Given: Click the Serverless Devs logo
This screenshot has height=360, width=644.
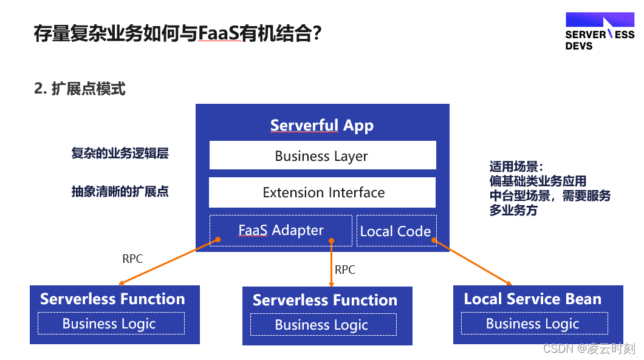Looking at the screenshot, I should (x=599, y=32).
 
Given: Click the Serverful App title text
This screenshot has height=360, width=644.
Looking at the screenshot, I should (x=322, y=126).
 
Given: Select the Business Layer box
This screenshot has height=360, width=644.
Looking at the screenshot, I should (x=323, y=155).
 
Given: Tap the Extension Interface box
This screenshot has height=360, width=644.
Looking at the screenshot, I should (x=323, y=192).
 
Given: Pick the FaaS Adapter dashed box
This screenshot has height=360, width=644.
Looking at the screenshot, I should (x=281, y=231).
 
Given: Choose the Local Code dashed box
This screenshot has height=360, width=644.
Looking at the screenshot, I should (x=396, y=231).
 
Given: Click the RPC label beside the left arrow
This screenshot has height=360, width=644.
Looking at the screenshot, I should (x=132, y=259).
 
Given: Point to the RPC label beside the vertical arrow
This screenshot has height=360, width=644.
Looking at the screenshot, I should (x=344, y=270).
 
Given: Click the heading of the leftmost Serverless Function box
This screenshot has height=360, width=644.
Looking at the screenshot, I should (x=112, y=299).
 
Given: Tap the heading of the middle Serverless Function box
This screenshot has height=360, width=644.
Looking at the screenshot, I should (x=325, y=300).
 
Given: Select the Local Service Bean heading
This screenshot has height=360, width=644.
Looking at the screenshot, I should (x=532, y=299).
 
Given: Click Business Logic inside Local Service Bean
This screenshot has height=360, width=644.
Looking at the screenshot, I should (x=533, y=324).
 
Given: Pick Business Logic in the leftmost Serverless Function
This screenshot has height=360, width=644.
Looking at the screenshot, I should (x=109, y=324).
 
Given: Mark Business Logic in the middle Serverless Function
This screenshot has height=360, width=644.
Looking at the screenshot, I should (x=322, y=325).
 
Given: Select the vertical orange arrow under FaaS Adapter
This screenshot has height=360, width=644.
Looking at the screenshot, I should (x=331, y=264).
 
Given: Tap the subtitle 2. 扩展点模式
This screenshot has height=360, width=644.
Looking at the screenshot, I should (x=80, y=89).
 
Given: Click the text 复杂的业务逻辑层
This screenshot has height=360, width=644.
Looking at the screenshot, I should (x=120, y=154).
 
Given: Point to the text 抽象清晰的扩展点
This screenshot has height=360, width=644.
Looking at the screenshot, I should (x=120, y=192).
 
